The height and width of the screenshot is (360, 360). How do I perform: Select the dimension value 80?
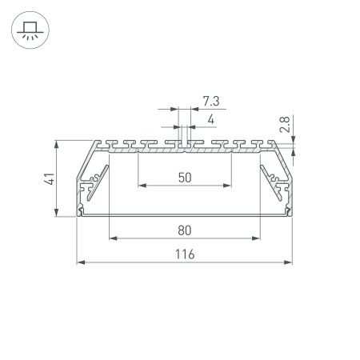(184, 230)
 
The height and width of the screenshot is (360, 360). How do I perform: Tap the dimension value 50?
(184, 178)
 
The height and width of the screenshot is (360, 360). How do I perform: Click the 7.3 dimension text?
(211, 101)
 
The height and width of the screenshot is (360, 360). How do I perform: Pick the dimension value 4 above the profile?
(210, 120)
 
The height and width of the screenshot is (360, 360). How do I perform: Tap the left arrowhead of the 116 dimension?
(79, 262)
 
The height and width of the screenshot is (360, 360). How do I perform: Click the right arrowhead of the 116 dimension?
(288, 262)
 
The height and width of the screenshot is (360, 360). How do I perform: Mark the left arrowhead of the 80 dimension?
(112, 238)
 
